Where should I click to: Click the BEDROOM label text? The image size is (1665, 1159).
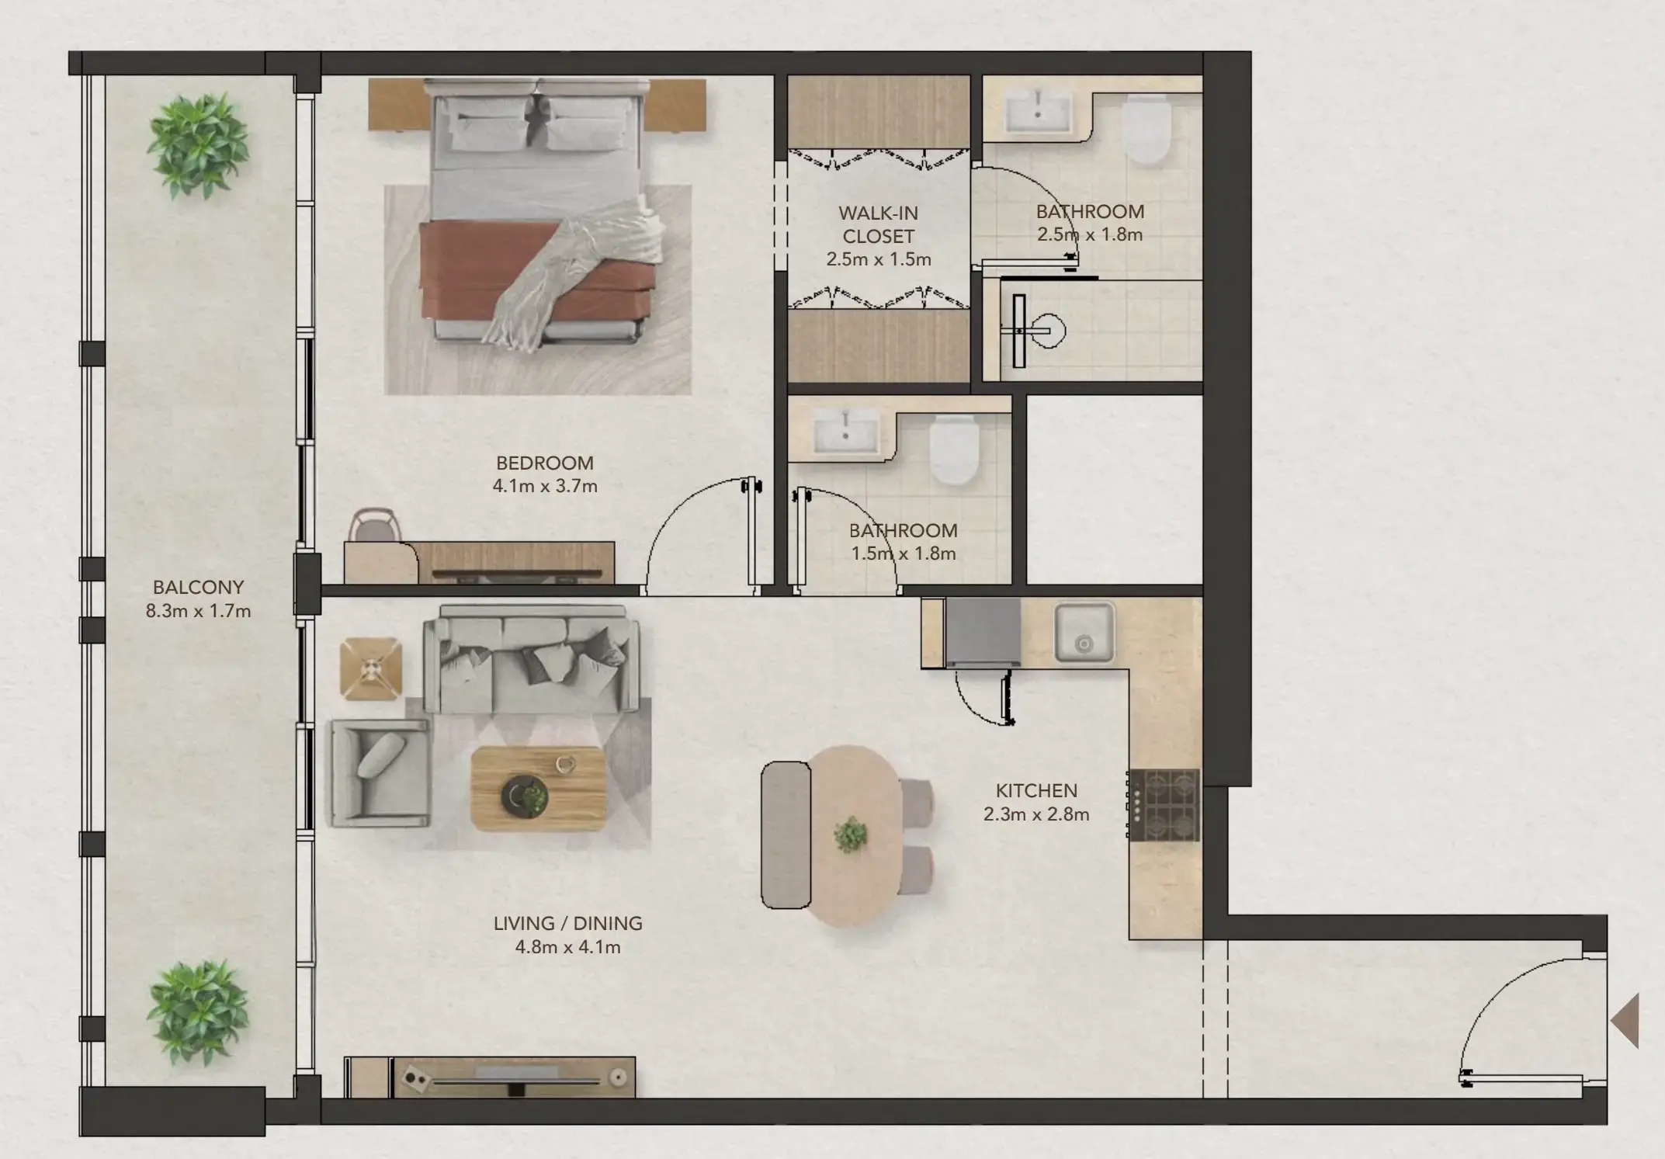(x=544, y=463)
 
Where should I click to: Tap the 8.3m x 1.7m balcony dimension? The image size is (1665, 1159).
(x=198, y=611)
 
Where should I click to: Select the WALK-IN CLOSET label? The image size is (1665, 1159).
(x=878, y=224)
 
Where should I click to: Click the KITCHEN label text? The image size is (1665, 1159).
(x=1036, y=790)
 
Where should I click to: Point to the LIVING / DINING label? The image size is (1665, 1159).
(x=567, y=923)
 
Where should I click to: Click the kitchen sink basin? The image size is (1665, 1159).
(x=1084, y=633)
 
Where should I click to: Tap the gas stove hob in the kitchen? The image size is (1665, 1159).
(x=1164, y=805)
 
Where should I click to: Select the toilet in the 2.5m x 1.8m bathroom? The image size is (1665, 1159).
(x=1146, y=130)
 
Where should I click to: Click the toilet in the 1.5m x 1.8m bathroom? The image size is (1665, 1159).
(x=953, y=449)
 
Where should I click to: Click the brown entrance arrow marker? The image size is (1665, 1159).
(x=1625, y=1021)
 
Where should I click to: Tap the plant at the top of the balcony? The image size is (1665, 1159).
(x=198, y=145)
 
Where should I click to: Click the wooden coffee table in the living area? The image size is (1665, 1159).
(x=538, y=789)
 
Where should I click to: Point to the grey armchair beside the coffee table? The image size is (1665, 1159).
(x=378, y=773)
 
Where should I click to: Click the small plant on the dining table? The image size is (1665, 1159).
(x=851, y=834)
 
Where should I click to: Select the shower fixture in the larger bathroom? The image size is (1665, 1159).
(x=1032, y=331)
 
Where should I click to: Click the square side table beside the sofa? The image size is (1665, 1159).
(x=371, y=668)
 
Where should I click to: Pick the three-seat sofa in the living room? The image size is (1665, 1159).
(x=532, y=660)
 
